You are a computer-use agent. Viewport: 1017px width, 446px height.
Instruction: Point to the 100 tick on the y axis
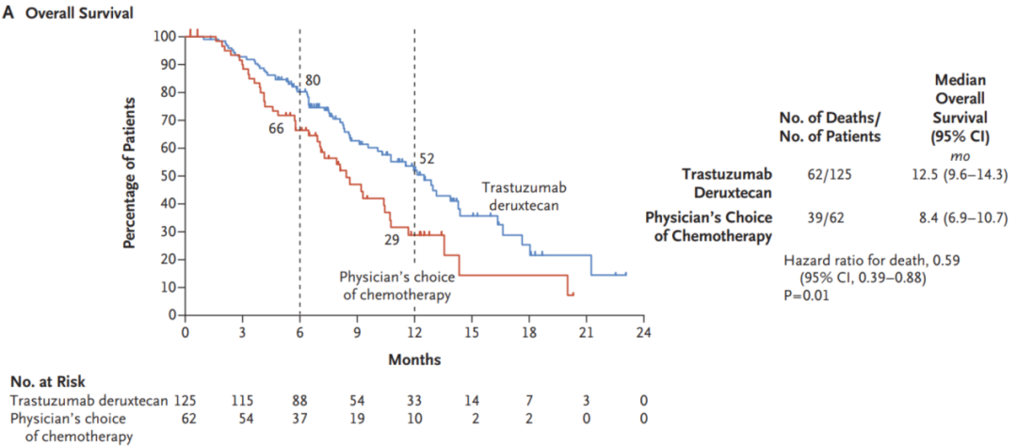coord(167,36)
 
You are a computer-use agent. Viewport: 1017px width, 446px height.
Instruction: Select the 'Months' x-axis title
coord(414,358)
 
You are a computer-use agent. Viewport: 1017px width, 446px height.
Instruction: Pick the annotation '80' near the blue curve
coord(313,80)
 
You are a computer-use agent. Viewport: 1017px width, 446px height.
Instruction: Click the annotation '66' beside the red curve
coord(276,128)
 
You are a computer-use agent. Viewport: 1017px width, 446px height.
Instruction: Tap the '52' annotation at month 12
coord(427,159)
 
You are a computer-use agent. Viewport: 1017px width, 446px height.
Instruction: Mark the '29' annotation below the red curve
coord(391,240)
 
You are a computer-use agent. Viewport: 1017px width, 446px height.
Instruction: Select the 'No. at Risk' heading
coord(48,381)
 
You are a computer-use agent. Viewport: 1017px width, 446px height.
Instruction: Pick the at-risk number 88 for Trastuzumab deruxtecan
coord(299,399)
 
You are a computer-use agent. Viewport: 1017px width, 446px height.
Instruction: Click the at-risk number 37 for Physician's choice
coord(299,417)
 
